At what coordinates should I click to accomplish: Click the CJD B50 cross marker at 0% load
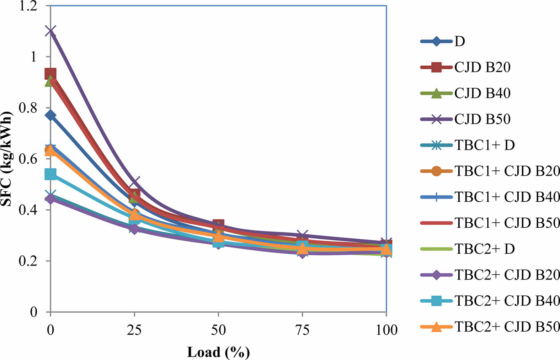50,31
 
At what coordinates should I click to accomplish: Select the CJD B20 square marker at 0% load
50,74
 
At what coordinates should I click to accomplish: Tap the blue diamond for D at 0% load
50,115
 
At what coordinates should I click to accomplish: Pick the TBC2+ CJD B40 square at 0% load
50,174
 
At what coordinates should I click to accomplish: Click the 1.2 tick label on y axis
28,6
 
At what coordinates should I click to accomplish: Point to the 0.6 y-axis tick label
28,159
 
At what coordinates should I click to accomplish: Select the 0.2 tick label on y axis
28,261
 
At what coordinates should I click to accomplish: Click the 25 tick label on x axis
134,330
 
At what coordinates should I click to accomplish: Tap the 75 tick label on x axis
302,330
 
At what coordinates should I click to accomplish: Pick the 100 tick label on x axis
386,330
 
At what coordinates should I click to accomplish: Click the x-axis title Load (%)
218,352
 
